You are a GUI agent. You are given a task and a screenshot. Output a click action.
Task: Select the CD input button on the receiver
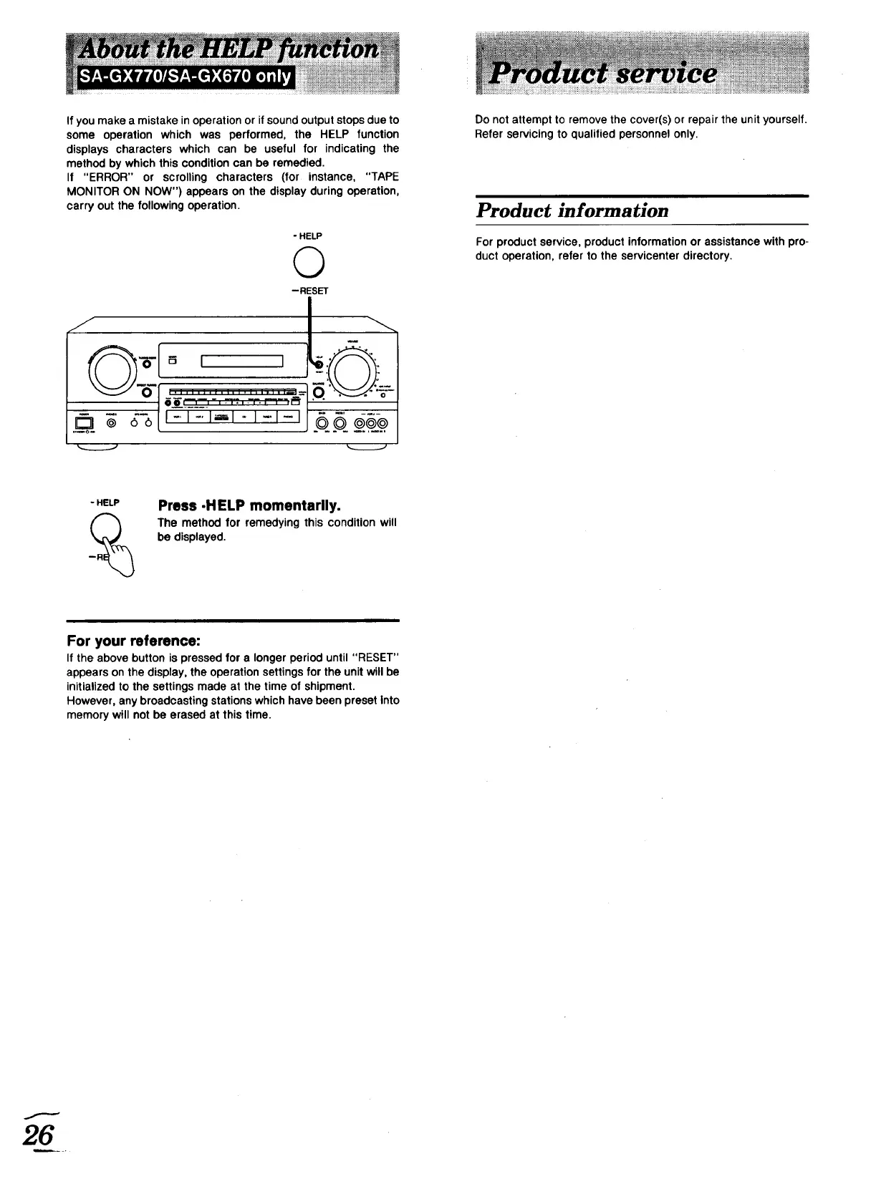pyautogui.click(x=245, y=417)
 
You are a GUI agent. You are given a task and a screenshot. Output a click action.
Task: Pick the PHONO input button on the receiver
pyautogui.click(x=289, y=417)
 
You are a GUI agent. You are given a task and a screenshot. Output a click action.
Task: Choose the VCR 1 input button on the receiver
pyautogui.click(x=177, y=417)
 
